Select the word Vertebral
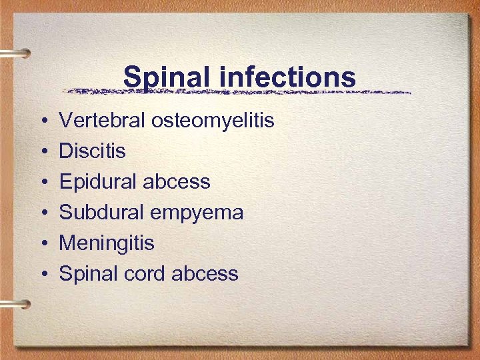pyautogui.click(x=103, y=121)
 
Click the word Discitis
pyautogui.click(x=92, y=151)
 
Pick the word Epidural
pyautogui.click(x=99, y=182)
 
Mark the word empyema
pyautogui.click(x=197, y=213)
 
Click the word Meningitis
pyautogui.click(x=107, y=243)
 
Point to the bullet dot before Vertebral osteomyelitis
pyautogui.click(x=42, y=122)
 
